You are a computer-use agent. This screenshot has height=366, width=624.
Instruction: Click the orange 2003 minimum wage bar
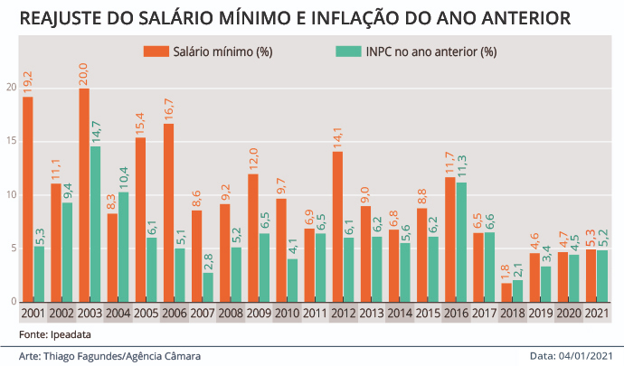84,195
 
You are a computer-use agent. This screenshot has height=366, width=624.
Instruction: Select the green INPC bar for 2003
96,224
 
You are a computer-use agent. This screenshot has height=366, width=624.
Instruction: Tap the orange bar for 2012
337,226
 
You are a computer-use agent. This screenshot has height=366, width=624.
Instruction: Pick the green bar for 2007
208,287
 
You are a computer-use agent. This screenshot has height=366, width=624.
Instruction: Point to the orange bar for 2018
506,293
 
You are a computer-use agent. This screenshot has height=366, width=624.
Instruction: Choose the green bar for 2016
461,242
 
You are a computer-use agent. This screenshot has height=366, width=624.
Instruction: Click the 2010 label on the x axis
287,313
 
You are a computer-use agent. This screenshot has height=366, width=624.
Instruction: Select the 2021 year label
597,313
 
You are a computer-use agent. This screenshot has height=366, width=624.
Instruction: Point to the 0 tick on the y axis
14,302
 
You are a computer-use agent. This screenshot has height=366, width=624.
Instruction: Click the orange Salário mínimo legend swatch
156,52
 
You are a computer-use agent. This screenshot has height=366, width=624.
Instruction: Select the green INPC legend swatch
348,52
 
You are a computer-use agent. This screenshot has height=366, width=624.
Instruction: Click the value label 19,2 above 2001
27,83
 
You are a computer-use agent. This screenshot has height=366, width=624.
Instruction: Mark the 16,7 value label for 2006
168,110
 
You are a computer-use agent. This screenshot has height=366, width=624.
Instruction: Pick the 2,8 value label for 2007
208,262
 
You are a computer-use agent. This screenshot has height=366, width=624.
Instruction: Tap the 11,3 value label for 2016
461,167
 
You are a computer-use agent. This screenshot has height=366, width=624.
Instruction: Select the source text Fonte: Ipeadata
55,334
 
